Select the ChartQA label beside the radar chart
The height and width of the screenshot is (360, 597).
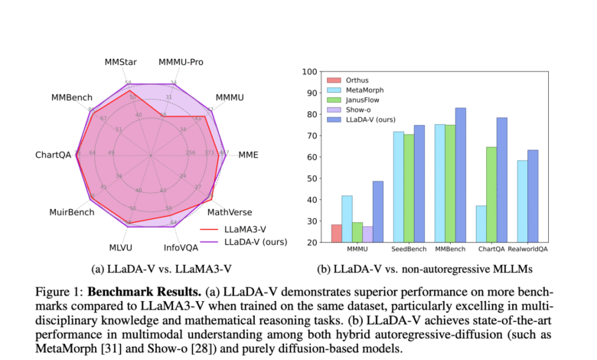pos(53,155)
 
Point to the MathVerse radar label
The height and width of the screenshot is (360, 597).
pos(230,212)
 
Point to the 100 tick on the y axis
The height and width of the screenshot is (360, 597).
pos(308,72)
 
